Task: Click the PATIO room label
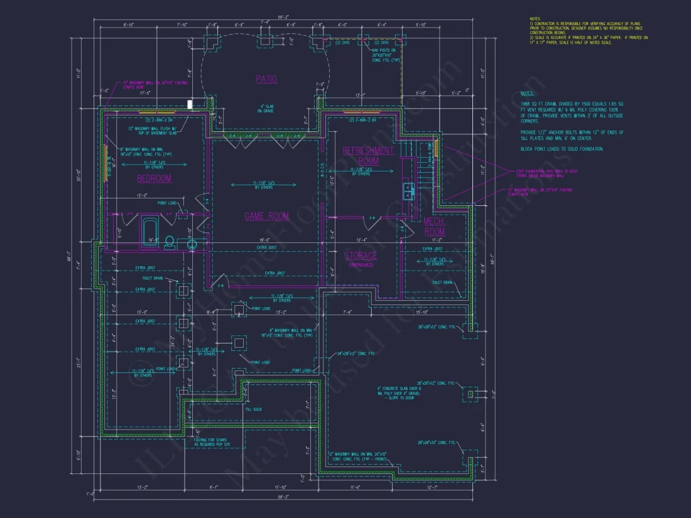coord(266,79)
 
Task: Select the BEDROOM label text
coord(154,178)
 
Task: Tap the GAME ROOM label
coord(266,216)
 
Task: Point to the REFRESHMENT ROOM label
coord(368,156)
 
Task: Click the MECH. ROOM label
coord(434,226)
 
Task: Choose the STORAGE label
coord(361,256)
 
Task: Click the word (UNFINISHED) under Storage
coord(361,265)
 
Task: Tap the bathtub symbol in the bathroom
coord(151,232)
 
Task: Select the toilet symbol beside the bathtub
coord(169,241)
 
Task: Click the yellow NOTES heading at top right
coord(535,20)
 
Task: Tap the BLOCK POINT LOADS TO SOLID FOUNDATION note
coord(562,149)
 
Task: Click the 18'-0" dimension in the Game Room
coord(264,240)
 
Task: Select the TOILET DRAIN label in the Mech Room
coord(442,283)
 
